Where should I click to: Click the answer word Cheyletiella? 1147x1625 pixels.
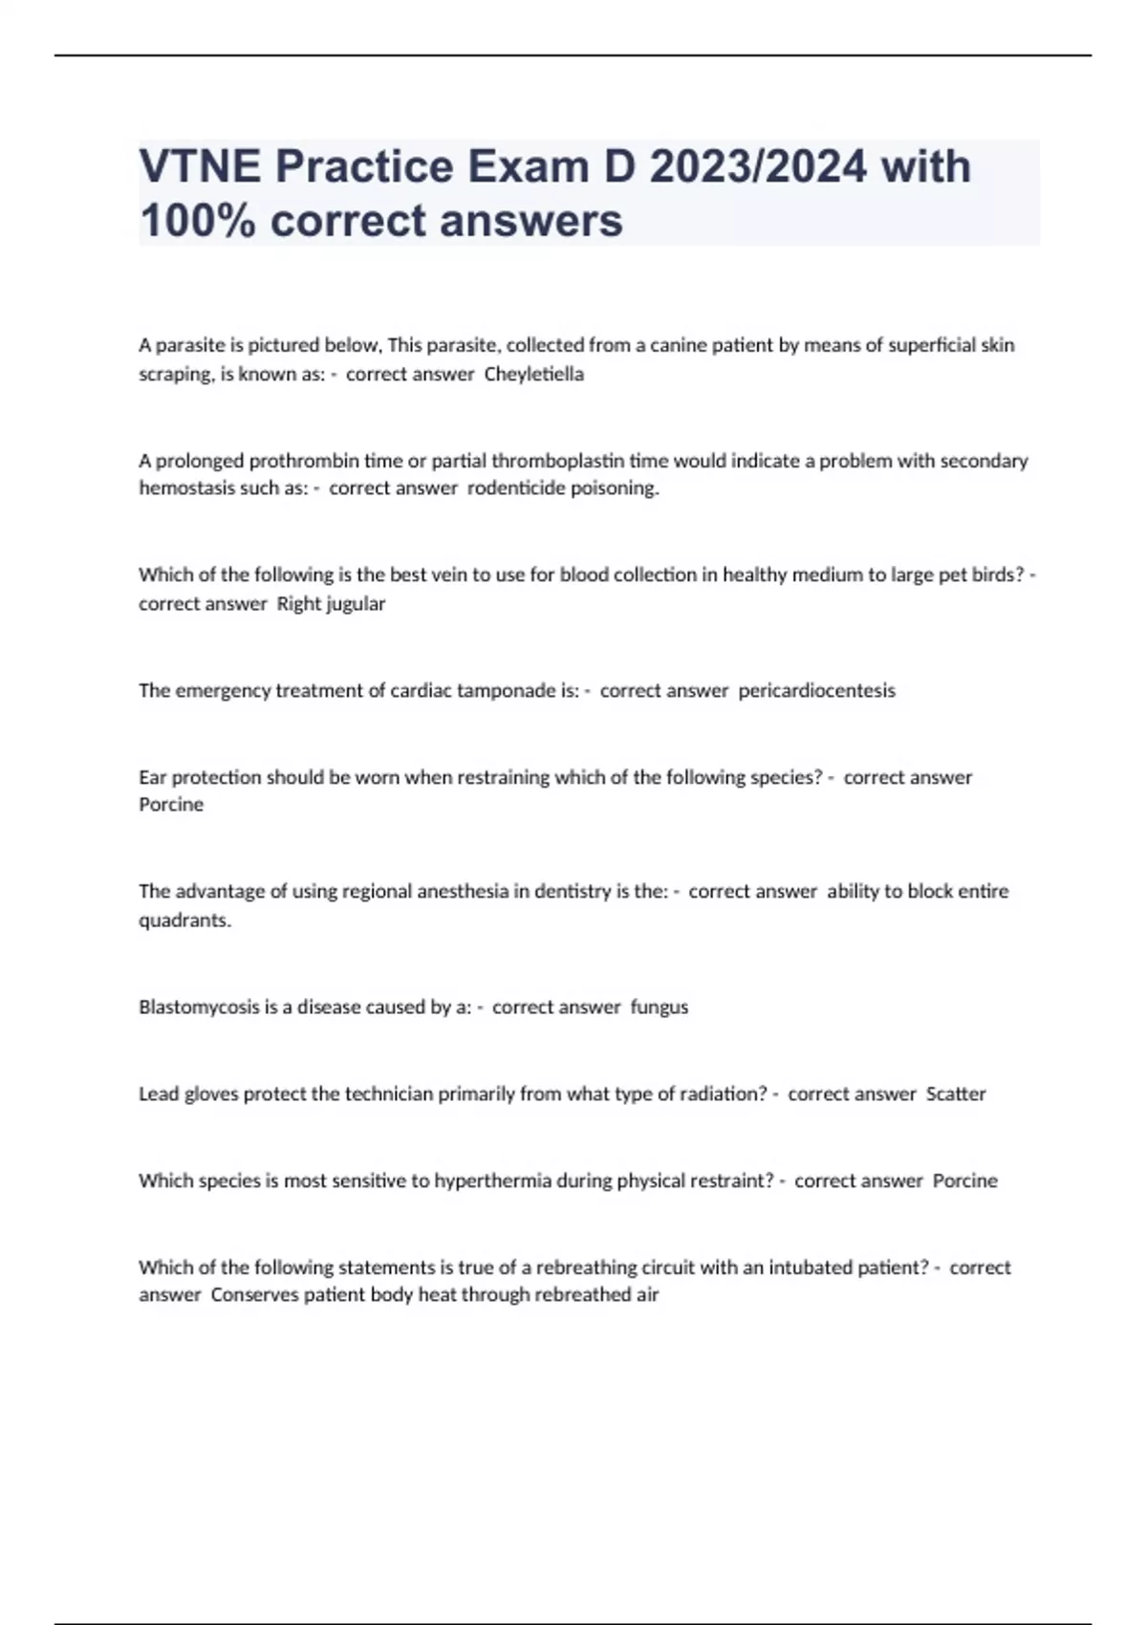pyautogui.click(x=533, y=375)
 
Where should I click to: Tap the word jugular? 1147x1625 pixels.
pyautogui.click(x=356, y=604)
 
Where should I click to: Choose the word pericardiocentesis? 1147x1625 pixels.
pyautogui.click(x=817, y=690)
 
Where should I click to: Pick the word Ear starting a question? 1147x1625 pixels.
pyautogui.click(x=153, y=777)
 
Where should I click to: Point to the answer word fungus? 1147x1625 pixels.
pyautogui.click(x=660, y=1007)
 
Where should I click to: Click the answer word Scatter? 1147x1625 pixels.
pyautogui.click(x=956, y=1094)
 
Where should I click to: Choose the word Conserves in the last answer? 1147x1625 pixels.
pyautogui.click(x=254, y=1295)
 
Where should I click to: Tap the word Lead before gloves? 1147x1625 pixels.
pyautogui.click(x=159, y=1094)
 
